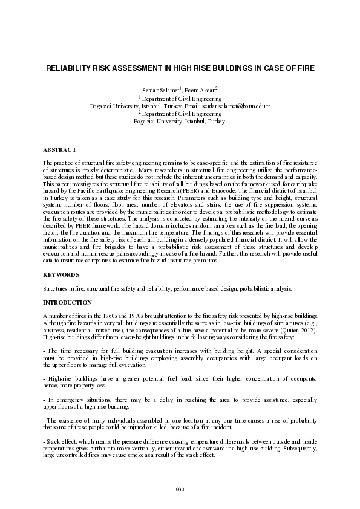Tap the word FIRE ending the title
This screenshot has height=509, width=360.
(x=305, y=69)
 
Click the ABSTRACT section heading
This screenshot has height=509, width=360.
(x=59, y=149)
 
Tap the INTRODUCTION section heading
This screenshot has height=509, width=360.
(x=68, y=302)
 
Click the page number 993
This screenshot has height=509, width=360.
(x=180, y=489)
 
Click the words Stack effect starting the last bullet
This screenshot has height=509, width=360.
(x=61, y=443)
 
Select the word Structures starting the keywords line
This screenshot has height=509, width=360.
(x=55, y=288)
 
